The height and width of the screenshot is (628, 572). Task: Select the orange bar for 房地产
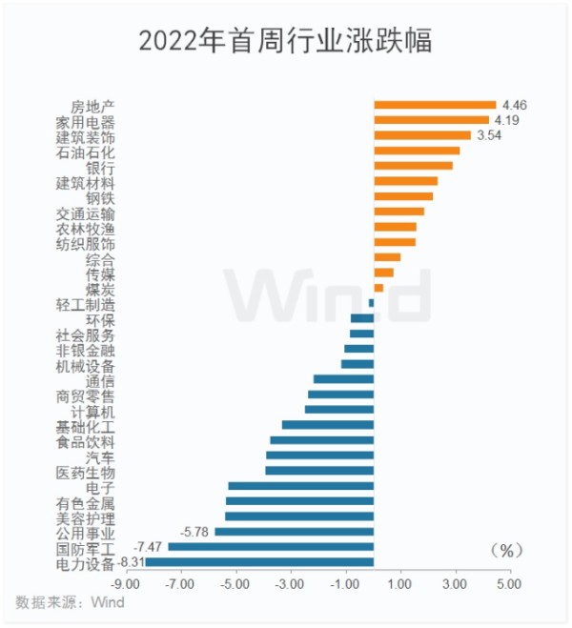point(435,105)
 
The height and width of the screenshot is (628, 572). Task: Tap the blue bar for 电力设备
point(259,562)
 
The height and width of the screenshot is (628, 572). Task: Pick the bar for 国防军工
point(271,547)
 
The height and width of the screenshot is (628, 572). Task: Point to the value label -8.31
point(132,562)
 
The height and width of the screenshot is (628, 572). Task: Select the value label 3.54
point(488,135)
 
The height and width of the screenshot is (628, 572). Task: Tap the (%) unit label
point(508,550)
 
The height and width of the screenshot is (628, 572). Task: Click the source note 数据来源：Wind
point(70,602)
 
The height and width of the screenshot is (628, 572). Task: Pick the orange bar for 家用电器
point(431,120)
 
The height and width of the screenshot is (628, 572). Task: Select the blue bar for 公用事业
point(294,532)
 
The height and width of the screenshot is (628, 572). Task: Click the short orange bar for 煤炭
point(378,288)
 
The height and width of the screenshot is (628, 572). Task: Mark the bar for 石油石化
point(417,151)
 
